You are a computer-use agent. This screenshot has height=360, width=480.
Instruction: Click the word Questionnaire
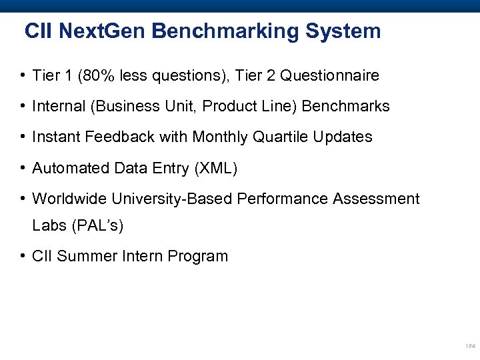(x=329, y=76)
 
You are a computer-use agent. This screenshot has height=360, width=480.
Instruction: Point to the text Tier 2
(x=257, y=76)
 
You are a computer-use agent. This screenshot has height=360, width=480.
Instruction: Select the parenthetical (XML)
(x=215, y=168)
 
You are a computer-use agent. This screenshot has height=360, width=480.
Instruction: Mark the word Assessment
(x=381, y=199)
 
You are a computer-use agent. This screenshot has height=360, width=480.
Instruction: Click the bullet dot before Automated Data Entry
(x=23, y=168)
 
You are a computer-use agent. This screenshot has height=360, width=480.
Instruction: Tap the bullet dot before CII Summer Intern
(x=23, y=257)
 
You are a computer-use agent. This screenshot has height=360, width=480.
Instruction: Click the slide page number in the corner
(x=469, y=347)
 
